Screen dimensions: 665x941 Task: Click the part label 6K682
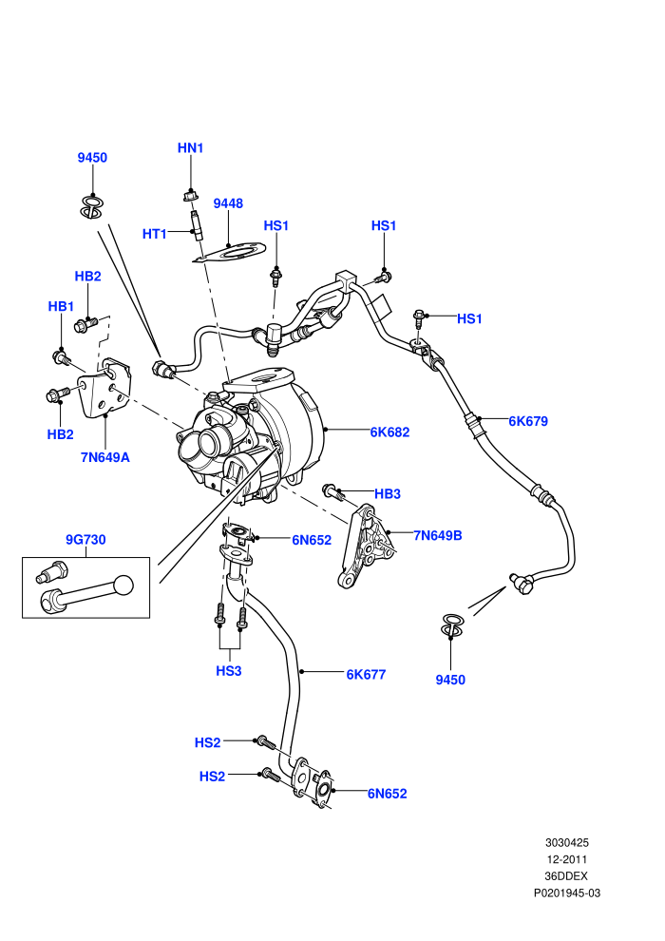[389, 432]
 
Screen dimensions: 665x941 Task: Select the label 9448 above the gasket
[228, 203]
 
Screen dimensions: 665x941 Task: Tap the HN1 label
[191, 147]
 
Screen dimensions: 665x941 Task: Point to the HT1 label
[155, 234]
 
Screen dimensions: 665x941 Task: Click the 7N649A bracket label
[104, 457]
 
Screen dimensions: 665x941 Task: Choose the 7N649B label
[438, 535]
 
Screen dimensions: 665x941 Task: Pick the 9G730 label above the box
[85, 540]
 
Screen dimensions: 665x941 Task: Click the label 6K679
[528, 421]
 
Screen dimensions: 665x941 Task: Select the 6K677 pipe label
[366, 675]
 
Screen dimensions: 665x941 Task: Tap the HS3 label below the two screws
[228, 671]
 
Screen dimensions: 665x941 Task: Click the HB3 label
[388, 494]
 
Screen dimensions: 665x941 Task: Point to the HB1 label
[61, 307]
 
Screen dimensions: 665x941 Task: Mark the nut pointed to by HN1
[190, 196]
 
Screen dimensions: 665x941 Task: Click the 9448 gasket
[229, 253]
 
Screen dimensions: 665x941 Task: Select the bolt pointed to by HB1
[62, 358]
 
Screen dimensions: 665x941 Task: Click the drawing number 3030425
[566, 842]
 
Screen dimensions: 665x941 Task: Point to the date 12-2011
[566, 859]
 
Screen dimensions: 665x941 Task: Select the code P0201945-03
[566, 893]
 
